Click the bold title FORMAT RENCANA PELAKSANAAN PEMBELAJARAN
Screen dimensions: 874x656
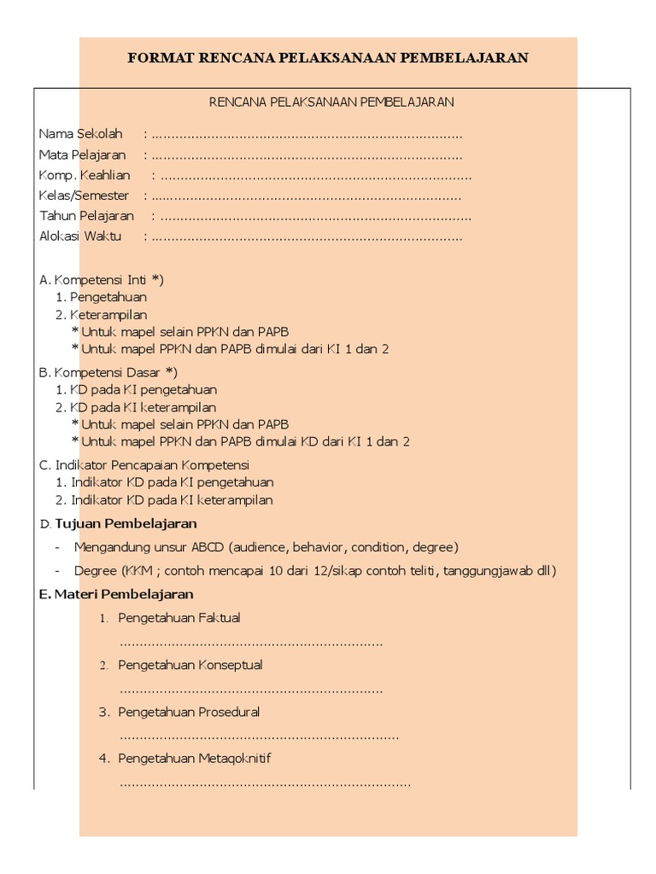pos(328,59)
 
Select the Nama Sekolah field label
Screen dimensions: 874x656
pos(81,134)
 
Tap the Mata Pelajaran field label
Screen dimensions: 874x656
pos(82,154)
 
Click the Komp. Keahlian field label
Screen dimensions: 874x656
pos(85,175)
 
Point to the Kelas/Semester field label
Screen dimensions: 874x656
pos(84,195)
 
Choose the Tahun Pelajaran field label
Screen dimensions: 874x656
pos(86,216)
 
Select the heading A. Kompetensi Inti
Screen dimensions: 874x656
pos(102,279)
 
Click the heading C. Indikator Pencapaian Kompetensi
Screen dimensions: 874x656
pos(143,465)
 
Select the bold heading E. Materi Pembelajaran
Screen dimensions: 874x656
pos(116,593)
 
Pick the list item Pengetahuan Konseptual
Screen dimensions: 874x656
pos(190,664)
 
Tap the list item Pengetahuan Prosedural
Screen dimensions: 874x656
pos(189,711)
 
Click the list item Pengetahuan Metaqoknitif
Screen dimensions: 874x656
pos(195,757)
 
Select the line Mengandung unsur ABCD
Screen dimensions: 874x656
pos(266,546)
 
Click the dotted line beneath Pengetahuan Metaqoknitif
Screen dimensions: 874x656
pos(265,782)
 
